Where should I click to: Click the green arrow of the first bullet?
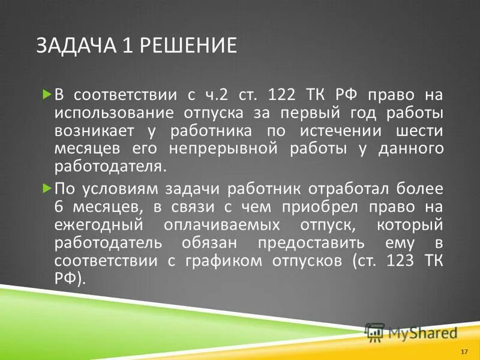47,94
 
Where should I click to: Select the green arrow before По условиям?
47,188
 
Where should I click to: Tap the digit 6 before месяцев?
59,207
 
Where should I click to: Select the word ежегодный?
98,226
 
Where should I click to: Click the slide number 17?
464,350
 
